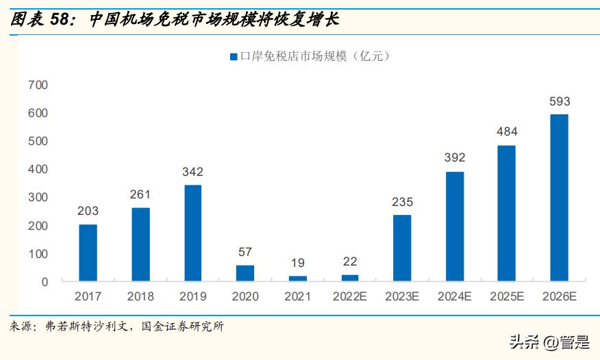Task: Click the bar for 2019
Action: pyautogui.click(x=192, y=233)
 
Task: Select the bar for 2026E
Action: pyautogui.click(x=560, y=198)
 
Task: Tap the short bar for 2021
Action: pyautogui.click(x=297, y=279)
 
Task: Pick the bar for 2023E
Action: pyautogui.click(x=402, y=248)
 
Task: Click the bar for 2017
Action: pyautogui.click(x=88, y=253)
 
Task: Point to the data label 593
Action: pyautogui.click(x=560, y=102)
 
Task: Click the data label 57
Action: pyautogui.click(x=245, y=253)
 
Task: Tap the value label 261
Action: pyautogui.click(x=140, y=195)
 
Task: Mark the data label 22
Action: pyautogui.click(x=350, y=262)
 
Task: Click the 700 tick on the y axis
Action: pyautogui.click(x=38, y=85)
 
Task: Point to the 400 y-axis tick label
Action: pyautogui.click(x=38, y=169)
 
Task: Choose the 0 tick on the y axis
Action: pyautogui.click(x=45, y=282)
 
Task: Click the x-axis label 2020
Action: pyautogui.click(x=245, y=296)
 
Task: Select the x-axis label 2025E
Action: pyautogui.click(x=507, y=296)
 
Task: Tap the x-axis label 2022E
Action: pyautogui.click(x=350, y=296)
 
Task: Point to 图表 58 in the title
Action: pyautogui.click(x=40, y=20)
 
